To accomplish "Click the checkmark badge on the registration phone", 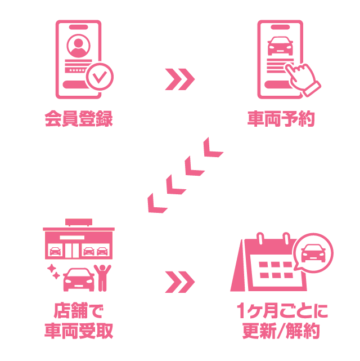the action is pyautogui.click(x=100, y=77).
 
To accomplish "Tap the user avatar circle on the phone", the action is pyautogui.click(x=78, y=46).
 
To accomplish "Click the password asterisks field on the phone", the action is pyautogui.click(x=76, y=70).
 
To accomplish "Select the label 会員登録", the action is pyautogui.click(x=79, y=119).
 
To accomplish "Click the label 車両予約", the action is pyautogui.click(x=281, y=119).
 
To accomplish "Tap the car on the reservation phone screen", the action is pyautogui.click(x=280, y=46).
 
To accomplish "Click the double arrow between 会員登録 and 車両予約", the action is pyautogui.click(x=180, y=79).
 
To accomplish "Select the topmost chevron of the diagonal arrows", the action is pyautogui.click(x=212, y=148).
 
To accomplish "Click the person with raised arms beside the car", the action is pyautogui.click(x=102, y=278).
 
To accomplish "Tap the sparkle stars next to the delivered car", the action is pyautogui.click(x=53, y=271).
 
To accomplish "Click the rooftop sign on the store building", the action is pyautogui.click(x=79, y=222).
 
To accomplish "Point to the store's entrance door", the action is pyautogui.click(x=72, y=250).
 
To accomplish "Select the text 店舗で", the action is pyautogui.click(x=79, y=310).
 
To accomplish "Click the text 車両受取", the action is pyautogui.click(x=79, y=331).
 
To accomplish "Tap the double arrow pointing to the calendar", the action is pyautogui.click(x=180, y=282).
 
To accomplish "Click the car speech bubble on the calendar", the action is pyautogui.click(x=313, y=253).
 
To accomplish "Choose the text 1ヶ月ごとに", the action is pyautogui.click(x=282, y=310).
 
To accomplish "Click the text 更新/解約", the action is pyautogui.click(x=281, y=331).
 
